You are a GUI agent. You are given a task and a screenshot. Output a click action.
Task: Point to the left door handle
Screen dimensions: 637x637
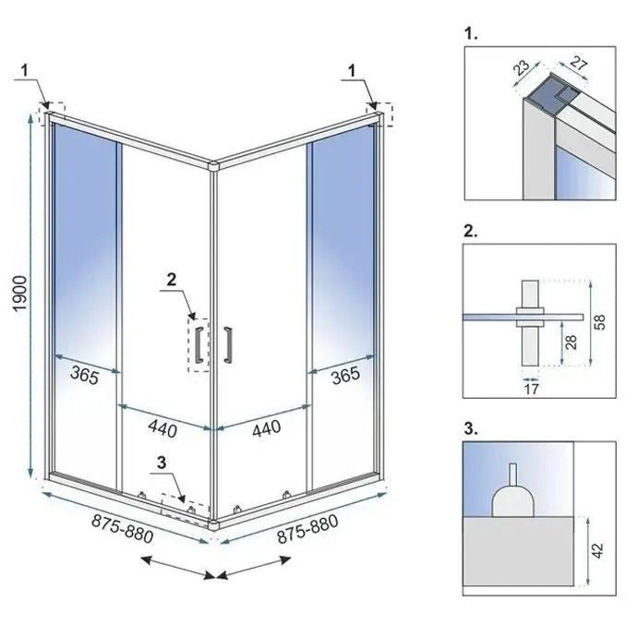click(x=198, y=342)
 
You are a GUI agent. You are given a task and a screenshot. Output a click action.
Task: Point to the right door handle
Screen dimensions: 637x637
click(x=226, y=342)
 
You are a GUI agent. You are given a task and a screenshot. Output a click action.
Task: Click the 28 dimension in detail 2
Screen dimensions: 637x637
click(x=573, y=343)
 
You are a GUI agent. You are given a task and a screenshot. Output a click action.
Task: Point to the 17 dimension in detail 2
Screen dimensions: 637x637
click(x=531, y=389)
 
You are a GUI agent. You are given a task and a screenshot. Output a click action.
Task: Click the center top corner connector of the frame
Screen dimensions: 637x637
click(x=214, y=167)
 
